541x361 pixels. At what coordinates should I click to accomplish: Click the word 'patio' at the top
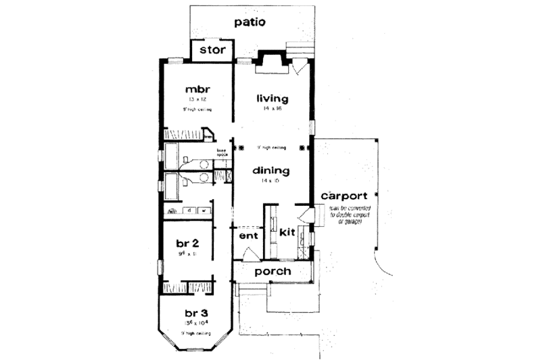(250, 22)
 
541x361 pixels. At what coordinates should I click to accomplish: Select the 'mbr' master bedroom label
(197, 89)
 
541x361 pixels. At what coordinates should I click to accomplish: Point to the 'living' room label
(273, 99)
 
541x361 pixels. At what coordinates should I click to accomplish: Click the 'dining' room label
(272, 171)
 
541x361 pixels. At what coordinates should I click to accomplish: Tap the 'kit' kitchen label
(287, 232)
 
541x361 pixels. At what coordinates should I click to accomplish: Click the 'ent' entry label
(247, 236)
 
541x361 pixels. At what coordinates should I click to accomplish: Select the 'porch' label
(273, 272)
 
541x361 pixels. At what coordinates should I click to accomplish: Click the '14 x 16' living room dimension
(273, 109)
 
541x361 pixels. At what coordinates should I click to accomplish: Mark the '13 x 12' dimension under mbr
(197, 99)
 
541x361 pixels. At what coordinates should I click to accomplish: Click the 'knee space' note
(221, 152)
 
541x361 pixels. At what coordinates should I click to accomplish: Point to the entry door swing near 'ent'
(250, 255)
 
